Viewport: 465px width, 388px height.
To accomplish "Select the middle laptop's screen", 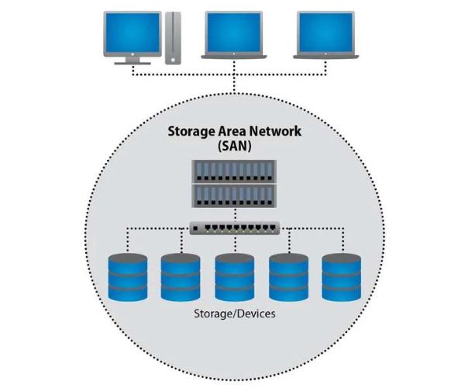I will point(231,31).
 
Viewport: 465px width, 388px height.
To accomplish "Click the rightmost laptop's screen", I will point(326,31).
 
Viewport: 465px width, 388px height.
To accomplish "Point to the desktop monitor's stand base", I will point(133,61).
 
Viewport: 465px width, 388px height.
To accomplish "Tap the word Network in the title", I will point(274,130).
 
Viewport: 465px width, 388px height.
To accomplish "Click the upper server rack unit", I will point(234,171).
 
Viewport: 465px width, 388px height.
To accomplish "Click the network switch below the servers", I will point(234,228).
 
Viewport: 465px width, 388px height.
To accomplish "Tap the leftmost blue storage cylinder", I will point(127,277).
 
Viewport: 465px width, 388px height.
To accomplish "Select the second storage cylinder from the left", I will point(181,277).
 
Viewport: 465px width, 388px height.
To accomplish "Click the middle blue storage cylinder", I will point(234,277).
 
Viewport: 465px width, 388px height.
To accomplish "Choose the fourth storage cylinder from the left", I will point(288,277).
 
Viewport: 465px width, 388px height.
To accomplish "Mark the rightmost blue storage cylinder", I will point(341,277).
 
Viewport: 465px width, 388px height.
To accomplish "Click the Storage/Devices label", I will point(234,316).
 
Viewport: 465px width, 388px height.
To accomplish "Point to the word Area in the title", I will point(232,130).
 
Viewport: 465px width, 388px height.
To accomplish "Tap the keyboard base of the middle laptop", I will point(231,55).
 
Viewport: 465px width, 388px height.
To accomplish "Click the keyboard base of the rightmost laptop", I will point(326,55).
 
